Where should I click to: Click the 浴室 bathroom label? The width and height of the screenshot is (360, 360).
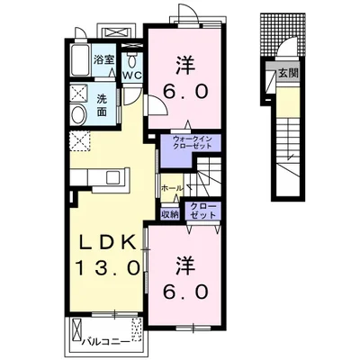[103, 60]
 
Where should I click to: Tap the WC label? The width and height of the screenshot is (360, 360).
[132, 76]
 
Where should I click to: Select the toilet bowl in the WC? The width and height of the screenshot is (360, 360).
[131, 61]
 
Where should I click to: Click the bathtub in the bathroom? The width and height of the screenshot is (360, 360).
[81, 60]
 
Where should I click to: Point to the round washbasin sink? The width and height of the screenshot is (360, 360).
[78, 114]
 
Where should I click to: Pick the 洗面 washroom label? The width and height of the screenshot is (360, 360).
[102, 105]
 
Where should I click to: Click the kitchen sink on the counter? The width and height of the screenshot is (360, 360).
[113, 177]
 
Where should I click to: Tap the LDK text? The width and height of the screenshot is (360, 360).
[109, 241]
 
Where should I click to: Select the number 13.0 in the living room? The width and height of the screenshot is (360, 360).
[108, 268]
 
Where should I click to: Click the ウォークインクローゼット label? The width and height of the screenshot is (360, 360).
[193, 142]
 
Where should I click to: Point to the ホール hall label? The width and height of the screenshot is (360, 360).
[172, 188]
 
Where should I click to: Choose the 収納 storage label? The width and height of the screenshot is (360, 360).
[170, 214]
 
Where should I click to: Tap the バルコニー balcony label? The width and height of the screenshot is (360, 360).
[106, 342]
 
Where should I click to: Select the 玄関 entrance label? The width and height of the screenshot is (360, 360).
[288, 74]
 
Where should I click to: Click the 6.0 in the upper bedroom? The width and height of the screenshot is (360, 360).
[185, 91]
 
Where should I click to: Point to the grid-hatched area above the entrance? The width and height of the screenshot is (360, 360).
[283, 34]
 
